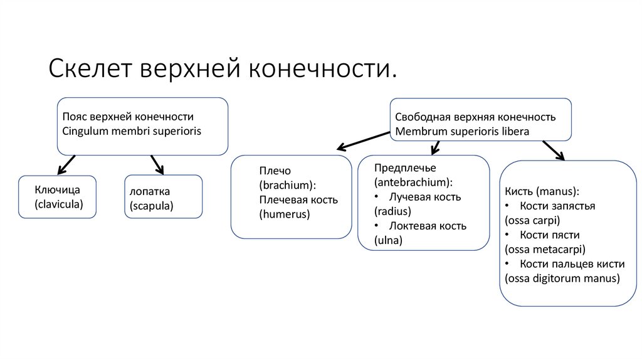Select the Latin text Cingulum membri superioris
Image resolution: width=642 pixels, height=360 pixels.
coord(135,130)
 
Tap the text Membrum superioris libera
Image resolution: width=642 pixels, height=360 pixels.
coord(462,132)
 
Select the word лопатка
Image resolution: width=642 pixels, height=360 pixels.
coord(150,191)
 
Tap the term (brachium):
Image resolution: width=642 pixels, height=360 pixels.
coord(287,185)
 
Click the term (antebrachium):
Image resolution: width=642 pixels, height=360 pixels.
coord(413,183)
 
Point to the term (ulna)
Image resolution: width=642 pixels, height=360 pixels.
coord(388,240)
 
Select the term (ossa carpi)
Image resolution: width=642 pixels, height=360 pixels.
coord(532,220)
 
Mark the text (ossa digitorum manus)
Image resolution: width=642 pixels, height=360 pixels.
coord(562,278)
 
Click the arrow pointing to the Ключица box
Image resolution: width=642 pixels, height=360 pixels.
coord(66,164)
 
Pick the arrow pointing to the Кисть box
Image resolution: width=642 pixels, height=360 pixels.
coord(553,151)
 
